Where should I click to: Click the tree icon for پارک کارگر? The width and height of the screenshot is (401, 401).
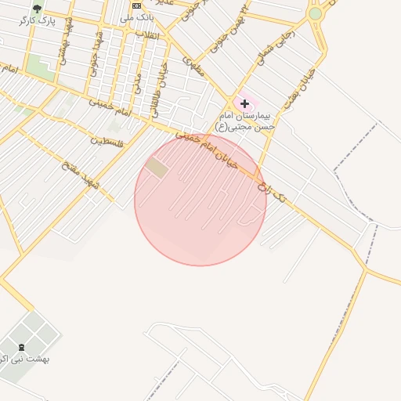(37, 9)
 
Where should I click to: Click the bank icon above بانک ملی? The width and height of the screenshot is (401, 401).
(137, 5)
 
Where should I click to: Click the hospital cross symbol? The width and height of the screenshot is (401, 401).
(244, 103)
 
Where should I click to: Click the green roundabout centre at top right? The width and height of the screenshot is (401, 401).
(316, 13)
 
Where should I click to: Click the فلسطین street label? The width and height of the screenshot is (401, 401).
(109, 142)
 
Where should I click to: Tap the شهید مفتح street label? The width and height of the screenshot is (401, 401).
(81, 173)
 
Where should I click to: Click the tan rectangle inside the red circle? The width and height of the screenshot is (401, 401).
(157, 168)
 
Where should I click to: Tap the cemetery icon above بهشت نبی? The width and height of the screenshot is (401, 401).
(21, 346)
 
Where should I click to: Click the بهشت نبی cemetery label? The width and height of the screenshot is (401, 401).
(23, 359)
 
